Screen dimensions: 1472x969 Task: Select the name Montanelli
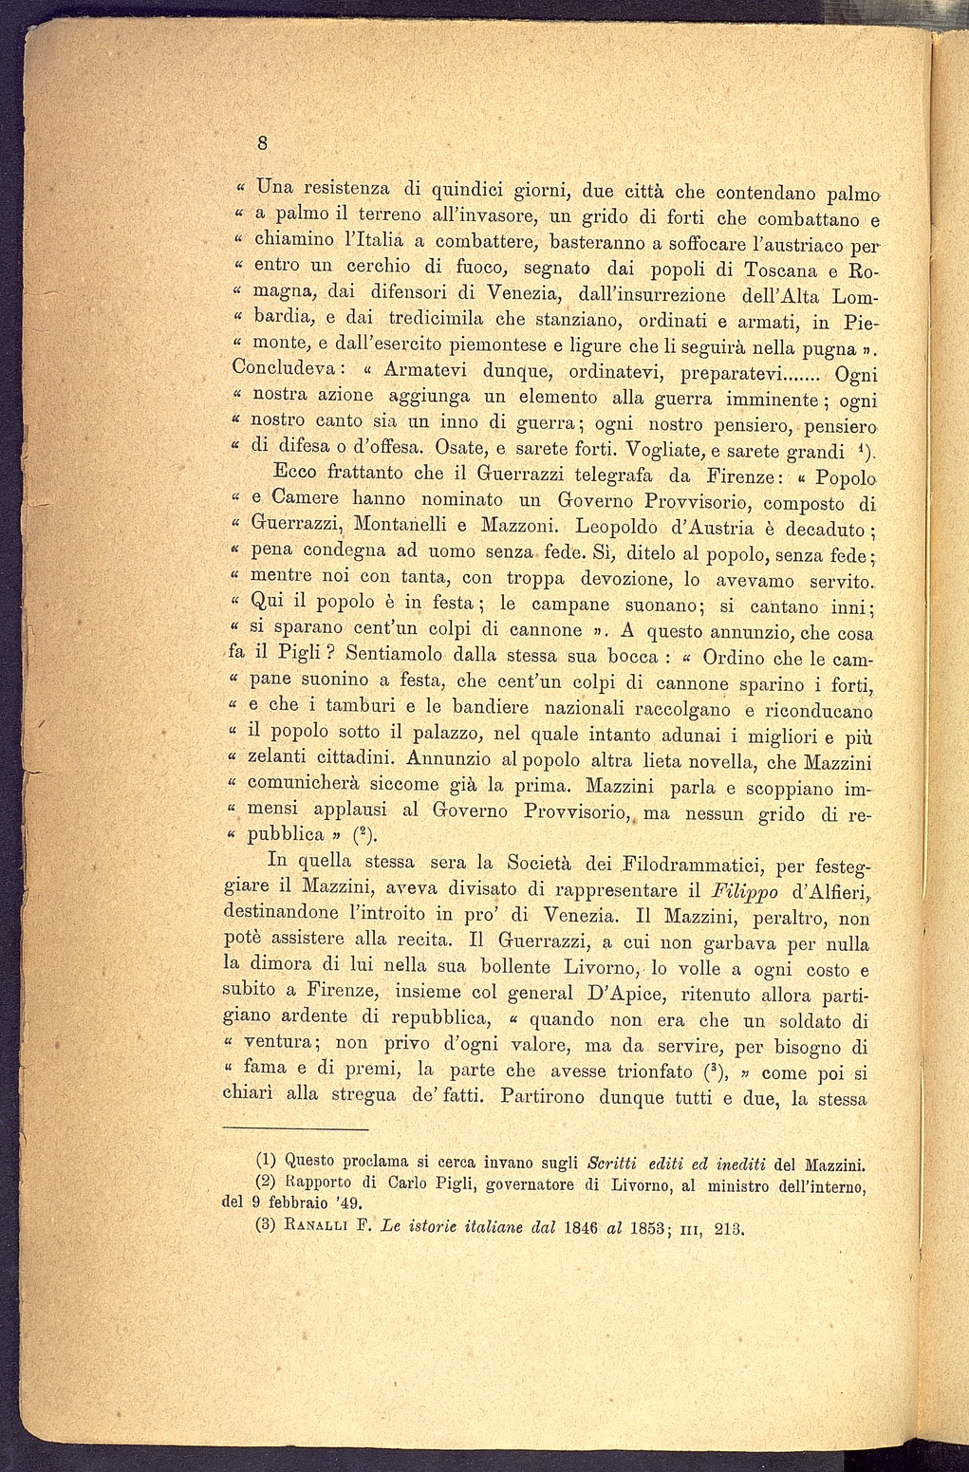[x=390, y=524]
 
